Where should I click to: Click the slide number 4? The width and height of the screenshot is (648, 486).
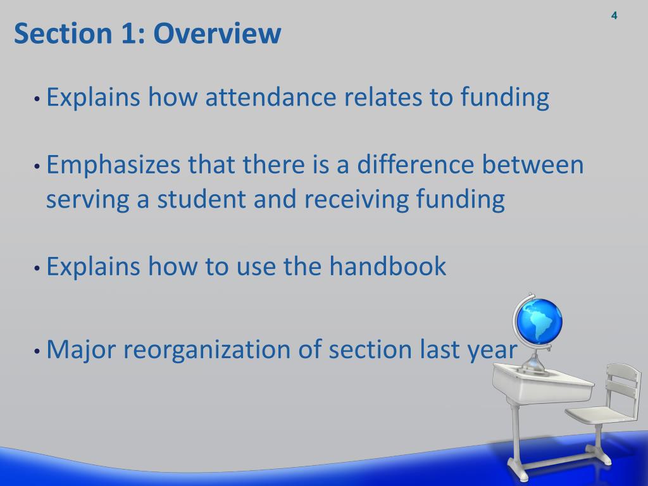click(614, 16)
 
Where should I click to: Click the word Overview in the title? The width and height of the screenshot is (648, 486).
click(217, 34)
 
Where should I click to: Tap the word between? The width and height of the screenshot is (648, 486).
click(533, 166)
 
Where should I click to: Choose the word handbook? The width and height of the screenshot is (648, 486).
click(387, 266)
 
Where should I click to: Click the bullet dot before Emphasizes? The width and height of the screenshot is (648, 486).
click(37, 168)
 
